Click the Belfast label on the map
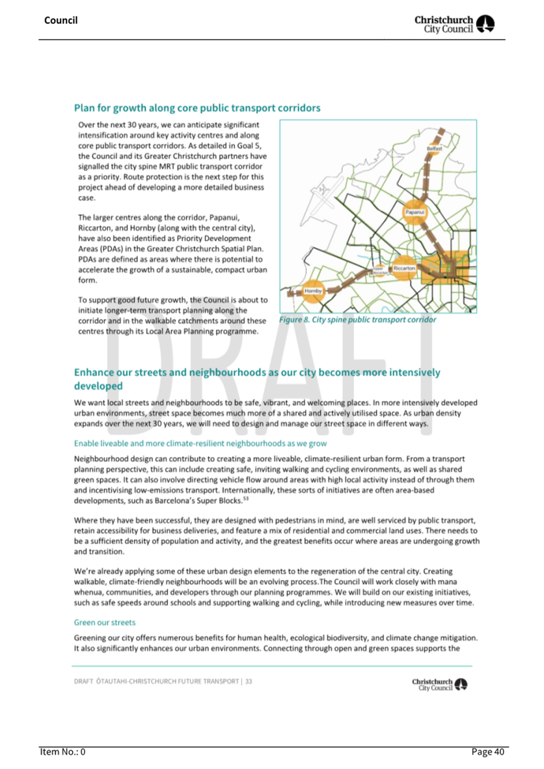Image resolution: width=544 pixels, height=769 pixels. pyautogui.click(x=434, y=148)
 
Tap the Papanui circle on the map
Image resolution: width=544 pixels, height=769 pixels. pyautogui.click(x=414, y=212)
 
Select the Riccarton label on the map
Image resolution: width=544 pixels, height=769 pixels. pyautogui.click(x=404, y=268)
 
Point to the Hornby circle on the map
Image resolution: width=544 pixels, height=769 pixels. pyautogui.click(x=313, y=291)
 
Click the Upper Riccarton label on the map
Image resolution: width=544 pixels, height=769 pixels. pyautogui.click(x=379, y=270)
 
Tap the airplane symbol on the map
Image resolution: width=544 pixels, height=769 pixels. pyautogui.click(x=323, y=189)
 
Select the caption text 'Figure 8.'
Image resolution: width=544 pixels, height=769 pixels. pyautogui.click(x=294, y=320)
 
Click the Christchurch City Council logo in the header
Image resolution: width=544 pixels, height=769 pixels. pyautogui.click(x=454, y=24)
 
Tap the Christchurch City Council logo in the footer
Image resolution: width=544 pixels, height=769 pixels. pyautogui.click(x=440, y=684)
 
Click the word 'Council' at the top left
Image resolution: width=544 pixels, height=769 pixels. pyautogui.click(x=61, y=20)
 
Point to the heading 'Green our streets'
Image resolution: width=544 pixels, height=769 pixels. pyautogui.click(x=105, y=622)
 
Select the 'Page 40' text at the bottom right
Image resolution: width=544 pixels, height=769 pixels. pyautogui.click(x=488, y=752)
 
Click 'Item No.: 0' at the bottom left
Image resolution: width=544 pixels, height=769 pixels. pyautogui.click(x=62, y=752)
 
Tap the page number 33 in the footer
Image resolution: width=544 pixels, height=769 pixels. pyautogui.click(x=248, y=681)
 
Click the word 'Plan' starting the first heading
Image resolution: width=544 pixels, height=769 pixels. pyautogui.click(x=84, y=108)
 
